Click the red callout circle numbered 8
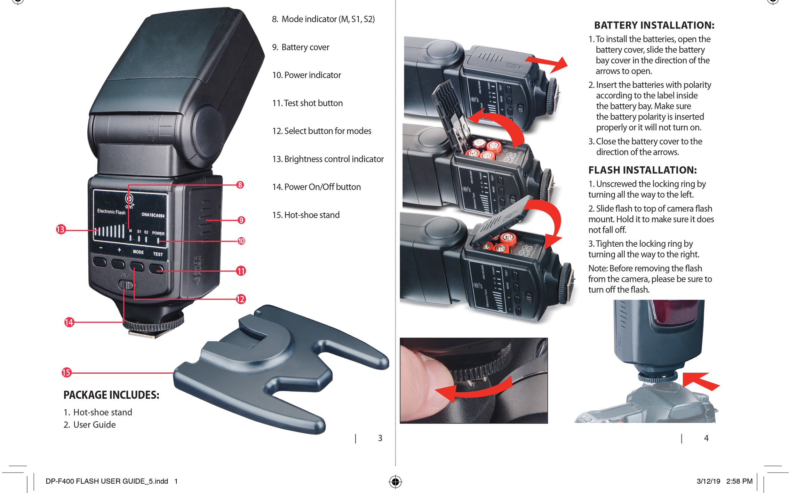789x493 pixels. coord(240,185)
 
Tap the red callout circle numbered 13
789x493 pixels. coord(61,229)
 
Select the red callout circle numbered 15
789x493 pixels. coord(66,372)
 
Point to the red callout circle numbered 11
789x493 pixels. coord(241,271)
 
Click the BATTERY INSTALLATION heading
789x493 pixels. coord(654,25)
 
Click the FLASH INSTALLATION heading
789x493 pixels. coord(642,170)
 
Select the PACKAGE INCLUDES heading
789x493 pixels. coord(111,395)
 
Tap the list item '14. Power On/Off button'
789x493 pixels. coord(316,187)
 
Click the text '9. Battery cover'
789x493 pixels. coord(301,47)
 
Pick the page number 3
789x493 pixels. coord(380,438)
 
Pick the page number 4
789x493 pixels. coord(706,438)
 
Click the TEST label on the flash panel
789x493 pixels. coord(158,254)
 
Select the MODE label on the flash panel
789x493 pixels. coord(138,252)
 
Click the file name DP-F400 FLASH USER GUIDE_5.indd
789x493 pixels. coord(107,481)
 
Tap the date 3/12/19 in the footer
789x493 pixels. coord(708,481)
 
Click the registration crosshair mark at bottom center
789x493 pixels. coord(395,482)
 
